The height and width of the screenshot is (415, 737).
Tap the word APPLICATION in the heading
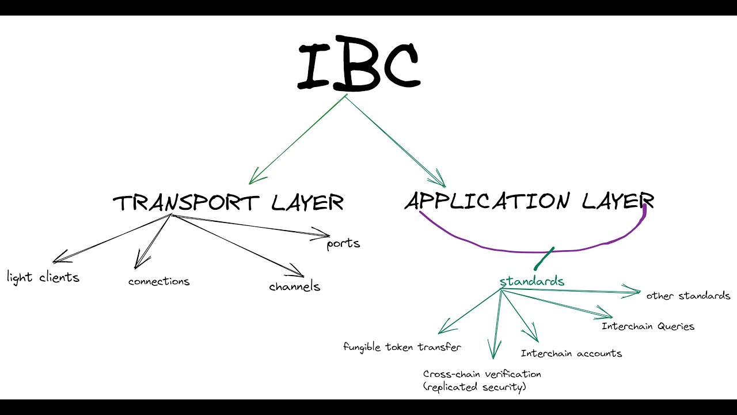487,201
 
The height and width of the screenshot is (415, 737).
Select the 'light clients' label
43,277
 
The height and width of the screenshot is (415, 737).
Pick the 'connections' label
159,281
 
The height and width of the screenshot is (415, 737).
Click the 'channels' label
294,286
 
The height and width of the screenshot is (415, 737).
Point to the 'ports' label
343,243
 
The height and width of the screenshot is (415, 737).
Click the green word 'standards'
531,281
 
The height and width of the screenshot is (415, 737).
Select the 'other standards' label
688,296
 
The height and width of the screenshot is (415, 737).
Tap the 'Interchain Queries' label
648,326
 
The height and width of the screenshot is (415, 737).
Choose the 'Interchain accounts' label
571,353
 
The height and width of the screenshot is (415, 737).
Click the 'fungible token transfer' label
402,347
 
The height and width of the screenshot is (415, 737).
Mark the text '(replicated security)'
474,387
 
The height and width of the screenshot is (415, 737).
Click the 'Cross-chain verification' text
482,374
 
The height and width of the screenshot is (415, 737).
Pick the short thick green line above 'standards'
544,259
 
